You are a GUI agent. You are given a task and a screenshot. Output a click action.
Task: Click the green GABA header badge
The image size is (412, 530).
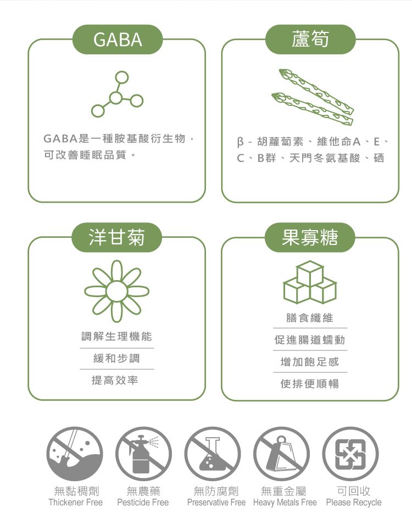coord(117,40)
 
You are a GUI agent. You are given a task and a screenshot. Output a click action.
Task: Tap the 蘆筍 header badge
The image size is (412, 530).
coord(310,40)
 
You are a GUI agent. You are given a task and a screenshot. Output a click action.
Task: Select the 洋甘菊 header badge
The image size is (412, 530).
coord(117,237)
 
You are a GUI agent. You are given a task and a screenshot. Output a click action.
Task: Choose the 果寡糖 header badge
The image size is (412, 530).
coord(310,237)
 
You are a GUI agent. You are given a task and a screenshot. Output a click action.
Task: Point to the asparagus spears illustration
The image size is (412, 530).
coord(313,97)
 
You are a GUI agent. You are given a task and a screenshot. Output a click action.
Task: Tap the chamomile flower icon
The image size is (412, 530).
coord(116,291)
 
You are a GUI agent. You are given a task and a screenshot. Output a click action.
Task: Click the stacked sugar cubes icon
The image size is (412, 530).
coord(310,282)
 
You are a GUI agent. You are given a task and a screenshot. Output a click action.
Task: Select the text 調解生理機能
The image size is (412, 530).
coord(116,336)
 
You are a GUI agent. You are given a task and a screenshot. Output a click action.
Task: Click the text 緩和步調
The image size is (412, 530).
coord(116,358)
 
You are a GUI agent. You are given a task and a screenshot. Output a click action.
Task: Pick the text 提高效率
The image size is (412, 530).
coord(115,380)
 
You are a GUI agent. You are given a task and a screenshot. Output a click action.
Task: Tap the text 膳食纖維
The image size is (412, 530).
coord(310,318)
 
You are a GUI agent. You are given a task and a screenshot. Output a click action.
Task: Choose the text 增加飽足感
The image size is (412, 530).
coord(310,362)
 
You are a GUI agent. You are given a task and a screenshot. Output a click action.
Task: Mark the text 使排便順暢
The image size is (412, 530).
coord(310,384)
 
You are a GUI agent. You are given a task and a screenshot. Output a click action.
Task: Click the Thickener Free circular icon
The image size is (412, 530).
coord(75,454)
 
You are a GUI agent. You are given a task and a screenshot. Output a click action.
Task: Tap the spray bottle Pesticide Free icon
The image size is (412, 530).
coord(143,454)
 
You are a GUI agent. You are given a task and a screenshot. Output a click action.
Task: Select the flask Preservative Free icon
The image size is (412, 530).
coord(213,454)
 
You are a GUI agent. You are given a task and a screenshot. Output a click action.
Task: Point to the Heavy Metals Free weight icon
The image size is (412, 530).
coord(282,454)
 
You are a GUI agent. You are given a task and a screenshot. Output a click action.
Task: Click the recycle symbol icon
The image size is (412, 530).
coord(350,454)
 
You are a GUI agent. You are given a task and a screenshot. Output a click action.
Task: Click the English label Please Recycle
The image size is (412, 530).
coord(354,503)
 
